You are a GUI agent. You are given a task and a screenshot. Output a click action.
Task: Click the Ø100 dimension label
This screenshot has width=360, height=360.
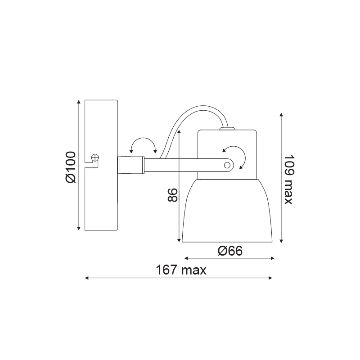pyautogui.click(x=71, y=167)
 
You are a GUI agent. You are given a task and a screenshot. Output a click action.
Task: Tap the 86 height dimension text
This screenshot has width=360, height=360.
pyautogui.click(x=173, y=195)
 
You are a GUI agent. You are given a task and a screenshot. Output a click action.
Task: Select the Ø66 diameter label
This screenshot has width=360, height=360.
pyautogui.click(x=230, y=251)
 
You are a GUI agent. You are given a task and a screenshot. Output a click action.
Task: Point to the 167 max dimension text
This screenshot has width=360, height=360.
pyautogui.click(x=181, y=270)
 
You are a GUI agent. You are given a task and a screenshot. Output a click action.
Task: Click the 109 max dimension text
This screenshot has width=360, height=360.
pyautogui.click(x=289, y=180)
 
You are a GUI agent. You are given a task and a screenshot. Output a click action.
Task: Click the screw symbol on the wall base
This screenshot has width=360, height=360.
pyautogui.click(x=95, y=157)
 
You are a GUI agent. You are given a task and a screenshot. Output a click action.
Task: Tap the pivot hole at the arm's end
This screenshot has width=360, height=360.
pyautogui.click(x=227, y=165)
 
